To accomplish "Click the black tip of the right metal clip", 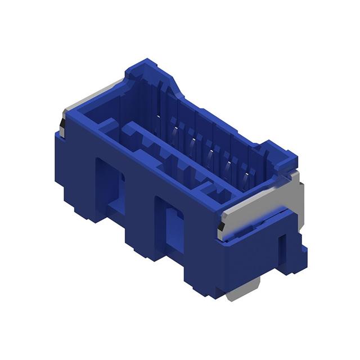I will (x=221, y=227).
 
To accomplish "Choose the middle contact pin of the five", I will (x=210, y=155).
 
